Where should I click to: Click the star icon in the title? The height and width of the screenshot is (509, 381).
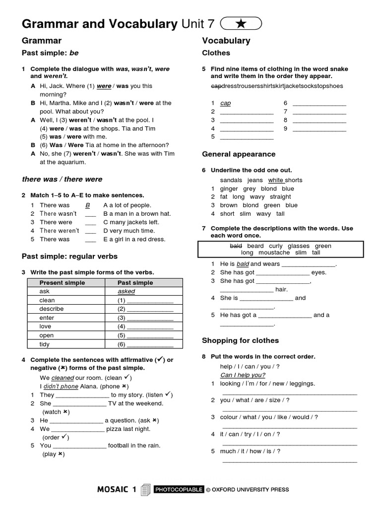pyautogui.click(x=241, y=23)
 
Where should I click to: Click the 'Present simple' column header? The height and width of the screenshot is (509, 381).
pyautogui.click(x=62, y=283)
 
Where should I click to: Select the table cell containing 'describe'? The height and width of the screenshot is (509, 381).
pyautogui.click(x=52, y=309)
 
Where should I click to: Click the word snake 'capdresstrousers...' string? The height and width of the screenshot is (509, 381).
pyautogui.click(x=276, y=86)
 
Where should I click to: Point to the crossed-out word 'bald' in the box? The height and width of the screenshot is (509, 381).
pyautogui.click(x=236, y=246)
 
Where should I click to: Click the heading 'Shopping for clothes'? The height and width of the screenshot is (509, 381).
pyautogui.click(x=240, y=340)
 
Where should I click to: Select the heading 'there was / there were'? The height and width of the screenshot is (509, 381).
pyautogui.click(x=62, y=179)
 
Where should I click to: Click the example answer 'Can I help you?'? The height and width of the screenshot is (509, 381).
pyautogui.click(x=243, y=375)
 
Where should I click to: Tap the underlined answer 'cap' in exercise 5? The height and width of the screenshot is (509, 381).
pyautogui.click(x=225, y=103)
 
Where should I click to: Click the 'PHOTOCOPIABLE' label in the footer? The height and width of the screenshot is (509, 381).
pyautogui.click(x=179, y=490)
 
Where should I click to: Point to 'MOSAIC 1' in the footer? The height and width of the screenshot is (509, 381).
pyautogui.click(x=117, y=490)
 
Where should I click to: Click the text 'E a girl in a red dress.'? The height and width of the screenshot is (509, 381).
pyautogui.click(x=134, y=239)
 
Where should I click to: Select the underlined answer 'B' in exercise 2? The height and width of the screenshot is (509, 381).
pyautogui.click(x=88, y=205)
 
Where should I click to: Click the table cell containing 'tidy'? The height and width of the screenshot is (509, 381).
pyautogui.click(x=45, y=344)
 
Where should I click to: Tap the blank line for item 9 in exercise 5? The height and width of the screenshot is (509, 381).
pyautogui.click(x=319, y=129)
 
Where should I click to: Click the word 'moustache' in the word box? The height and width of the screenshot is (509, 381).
pyautogui.click(x=274, y=253)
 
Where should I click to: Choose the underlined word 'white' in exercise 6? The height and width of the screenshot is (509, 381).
pyautogui.click(x=276, y=180)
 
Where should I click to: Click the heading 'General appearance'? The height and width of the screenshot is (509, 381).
pyautogui.click(x=239, y=154)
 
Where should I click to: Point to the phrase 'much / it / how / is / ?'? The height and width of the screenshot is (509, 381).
pyautogui.click(x=250, y=451)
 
